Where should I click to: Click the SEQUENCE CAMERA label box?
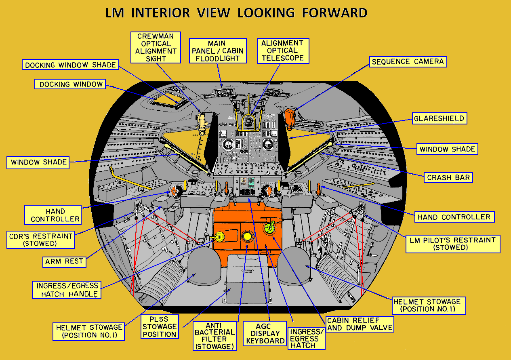408,62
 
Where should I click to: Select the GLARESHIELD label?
439,118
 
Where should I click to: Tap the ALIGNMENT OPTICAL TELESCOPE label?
282,51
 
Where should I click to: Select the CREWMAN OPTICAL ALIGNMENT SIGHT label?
156,47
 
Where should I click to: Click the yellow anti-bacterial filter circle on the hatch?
246,237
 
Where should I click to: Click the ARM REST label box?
64,261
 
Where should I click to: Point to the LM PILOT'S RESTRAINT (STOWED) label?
453,244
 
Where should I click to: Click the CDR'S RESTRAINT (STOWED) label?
41,240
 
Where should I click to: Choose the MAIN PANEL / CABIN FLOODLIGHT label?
218,51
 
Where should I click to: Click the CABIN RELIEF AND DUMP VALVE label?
360,324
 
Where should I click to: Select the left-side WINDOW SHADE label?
39,162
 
